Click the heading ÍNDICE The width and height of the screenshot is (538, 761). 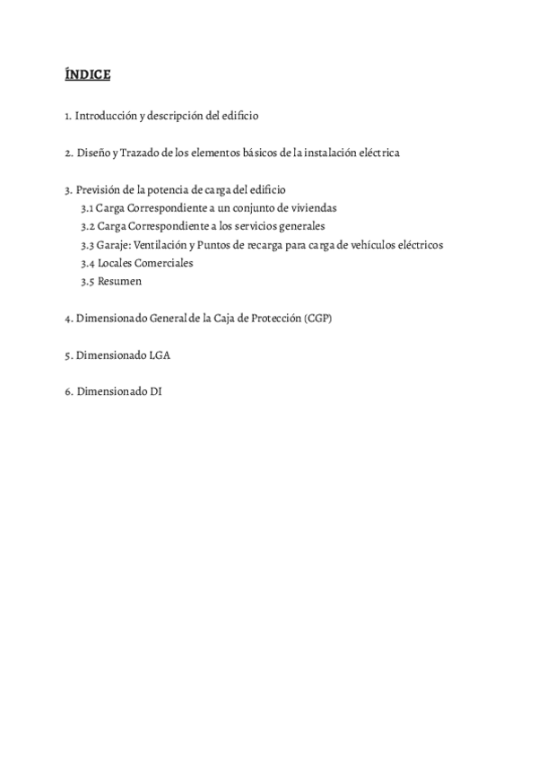(x=87, y=74)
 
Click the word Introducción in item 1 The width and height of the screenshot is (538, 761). (x=106, y=116)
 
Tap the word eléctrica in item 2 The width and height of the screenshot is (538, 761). (x=377, y=153)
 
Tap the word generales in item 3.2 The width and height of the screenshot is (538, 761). (x=300, y=226)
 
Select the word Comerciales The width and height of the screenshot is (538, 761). (x=164, y=263)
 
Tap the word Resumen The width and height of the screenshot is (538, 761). (x=119, y=282)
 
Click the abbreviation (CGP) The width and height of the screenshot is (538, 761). (x=317, y=319)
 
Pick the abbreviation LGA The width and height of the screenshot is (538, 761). (x=159, y=355)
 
